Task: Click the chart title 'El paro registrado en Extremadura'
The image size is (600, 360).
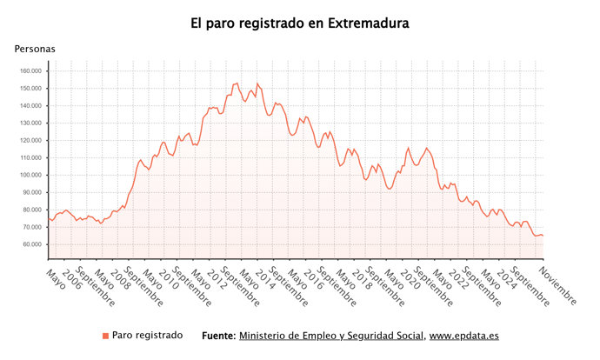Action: point(300,23)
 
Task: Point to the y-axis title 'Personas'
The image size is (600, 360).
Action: point(35,50)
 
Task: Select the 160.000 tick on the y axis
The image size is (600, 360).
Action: point(30,71)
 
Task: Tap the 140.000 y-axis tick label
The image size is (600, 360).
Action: point(30,106)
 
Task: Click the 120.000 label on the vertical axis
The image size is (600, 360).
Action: point(30,141)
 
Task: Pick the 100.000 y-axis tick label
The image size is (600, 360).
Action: point(30,176)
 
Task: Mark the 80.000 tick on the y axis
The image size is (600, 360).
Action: point(31,210)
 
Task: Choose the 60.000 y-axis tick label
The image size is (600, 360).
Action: point(31,244)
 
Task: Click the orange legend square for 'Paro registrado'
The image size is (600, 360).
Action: point(106,336)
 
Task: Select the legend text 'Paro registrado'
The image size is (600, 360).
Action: point(147,336)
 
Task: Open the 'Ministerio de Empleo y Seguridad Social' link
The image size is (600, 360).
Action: point(331,336)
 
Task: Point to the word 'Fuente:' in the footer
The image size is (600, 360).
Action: point(217,336)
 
